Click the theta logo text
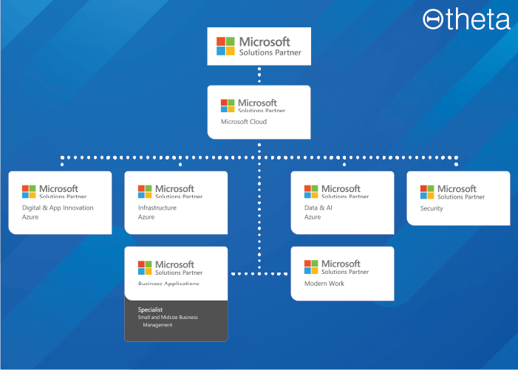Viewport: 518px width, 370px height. (477, 20)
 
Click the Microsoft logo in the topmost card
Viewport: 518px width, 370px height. (225, 47)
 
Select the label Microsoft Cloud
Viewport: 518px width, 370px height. (243, 122)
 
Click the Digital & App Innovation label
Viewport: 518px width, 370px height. (58, 208)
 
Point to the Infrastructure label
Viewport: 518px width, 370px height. (157, 208)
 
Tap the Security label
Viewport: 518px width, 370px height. (432, 208)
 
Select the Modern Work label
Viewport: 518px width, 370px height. (324, 284)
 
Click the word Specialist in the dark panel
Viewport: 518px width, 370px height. (150, 309)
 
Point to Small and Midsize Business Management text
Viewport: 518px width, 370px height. (168, 321)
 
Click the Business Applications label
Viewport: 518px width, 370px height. (168, 284)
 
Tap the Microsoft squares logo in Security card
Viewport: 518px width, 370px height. (427, 192)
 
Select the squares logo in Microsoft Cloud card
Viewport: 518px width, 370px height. (228, 106)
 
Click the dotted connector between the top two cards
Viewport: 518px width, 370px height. (259, 75)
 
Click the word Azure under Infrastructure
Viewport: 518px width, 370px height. (146, 217)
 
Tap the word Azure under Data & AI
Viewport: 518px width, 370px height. (313, 217)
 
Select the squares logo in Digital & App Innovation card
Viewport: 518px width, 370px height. (29, 192)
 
